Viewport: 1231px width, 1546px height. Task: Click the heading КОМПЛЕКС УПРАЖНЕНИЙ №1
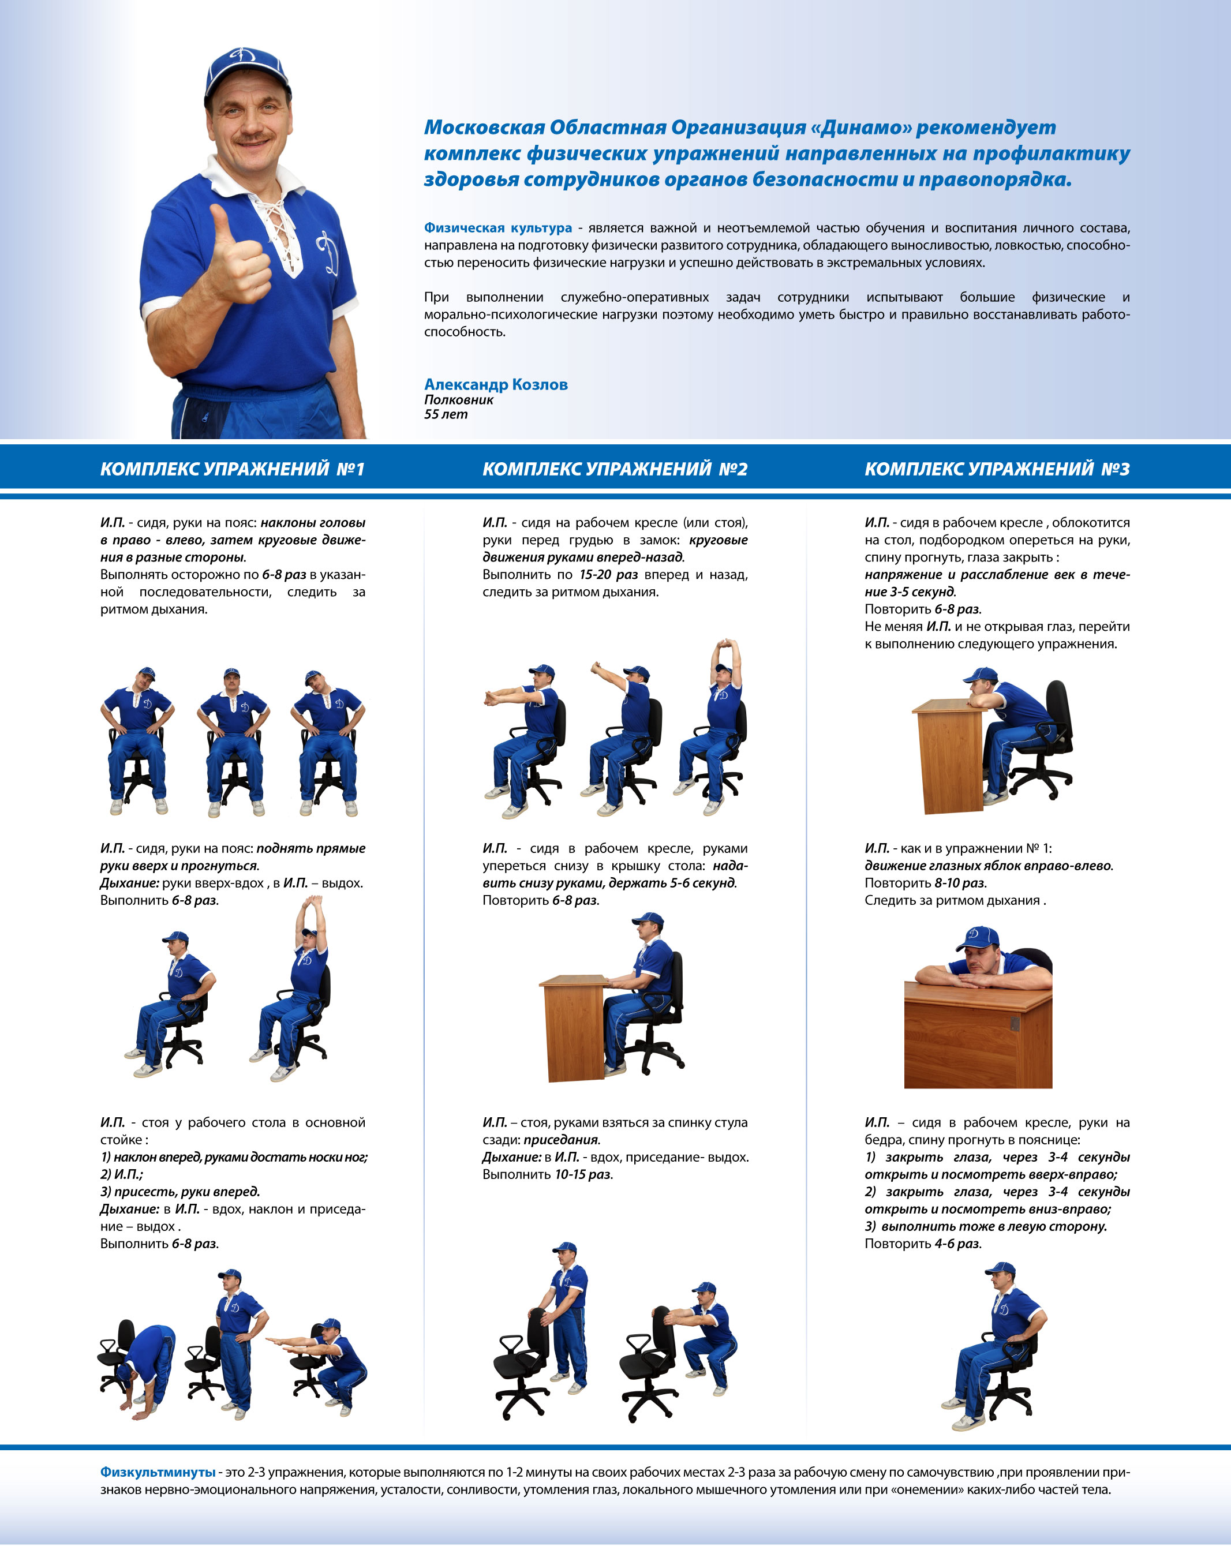232,469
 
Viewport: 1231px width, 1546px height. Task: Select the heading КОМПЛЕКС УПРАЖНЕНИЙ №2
615,469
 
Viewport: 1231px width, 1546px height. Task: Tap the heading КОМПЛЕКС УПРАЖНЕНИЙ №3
997,469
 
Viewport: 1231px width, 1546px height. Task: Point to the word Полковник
458,400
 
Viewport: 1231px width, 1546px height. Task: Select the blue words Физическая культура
497,228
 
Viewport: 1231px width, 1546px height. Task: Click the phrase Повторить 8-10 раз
926,883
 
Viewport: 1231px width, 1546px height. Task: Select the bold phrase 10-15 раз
583,1174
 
